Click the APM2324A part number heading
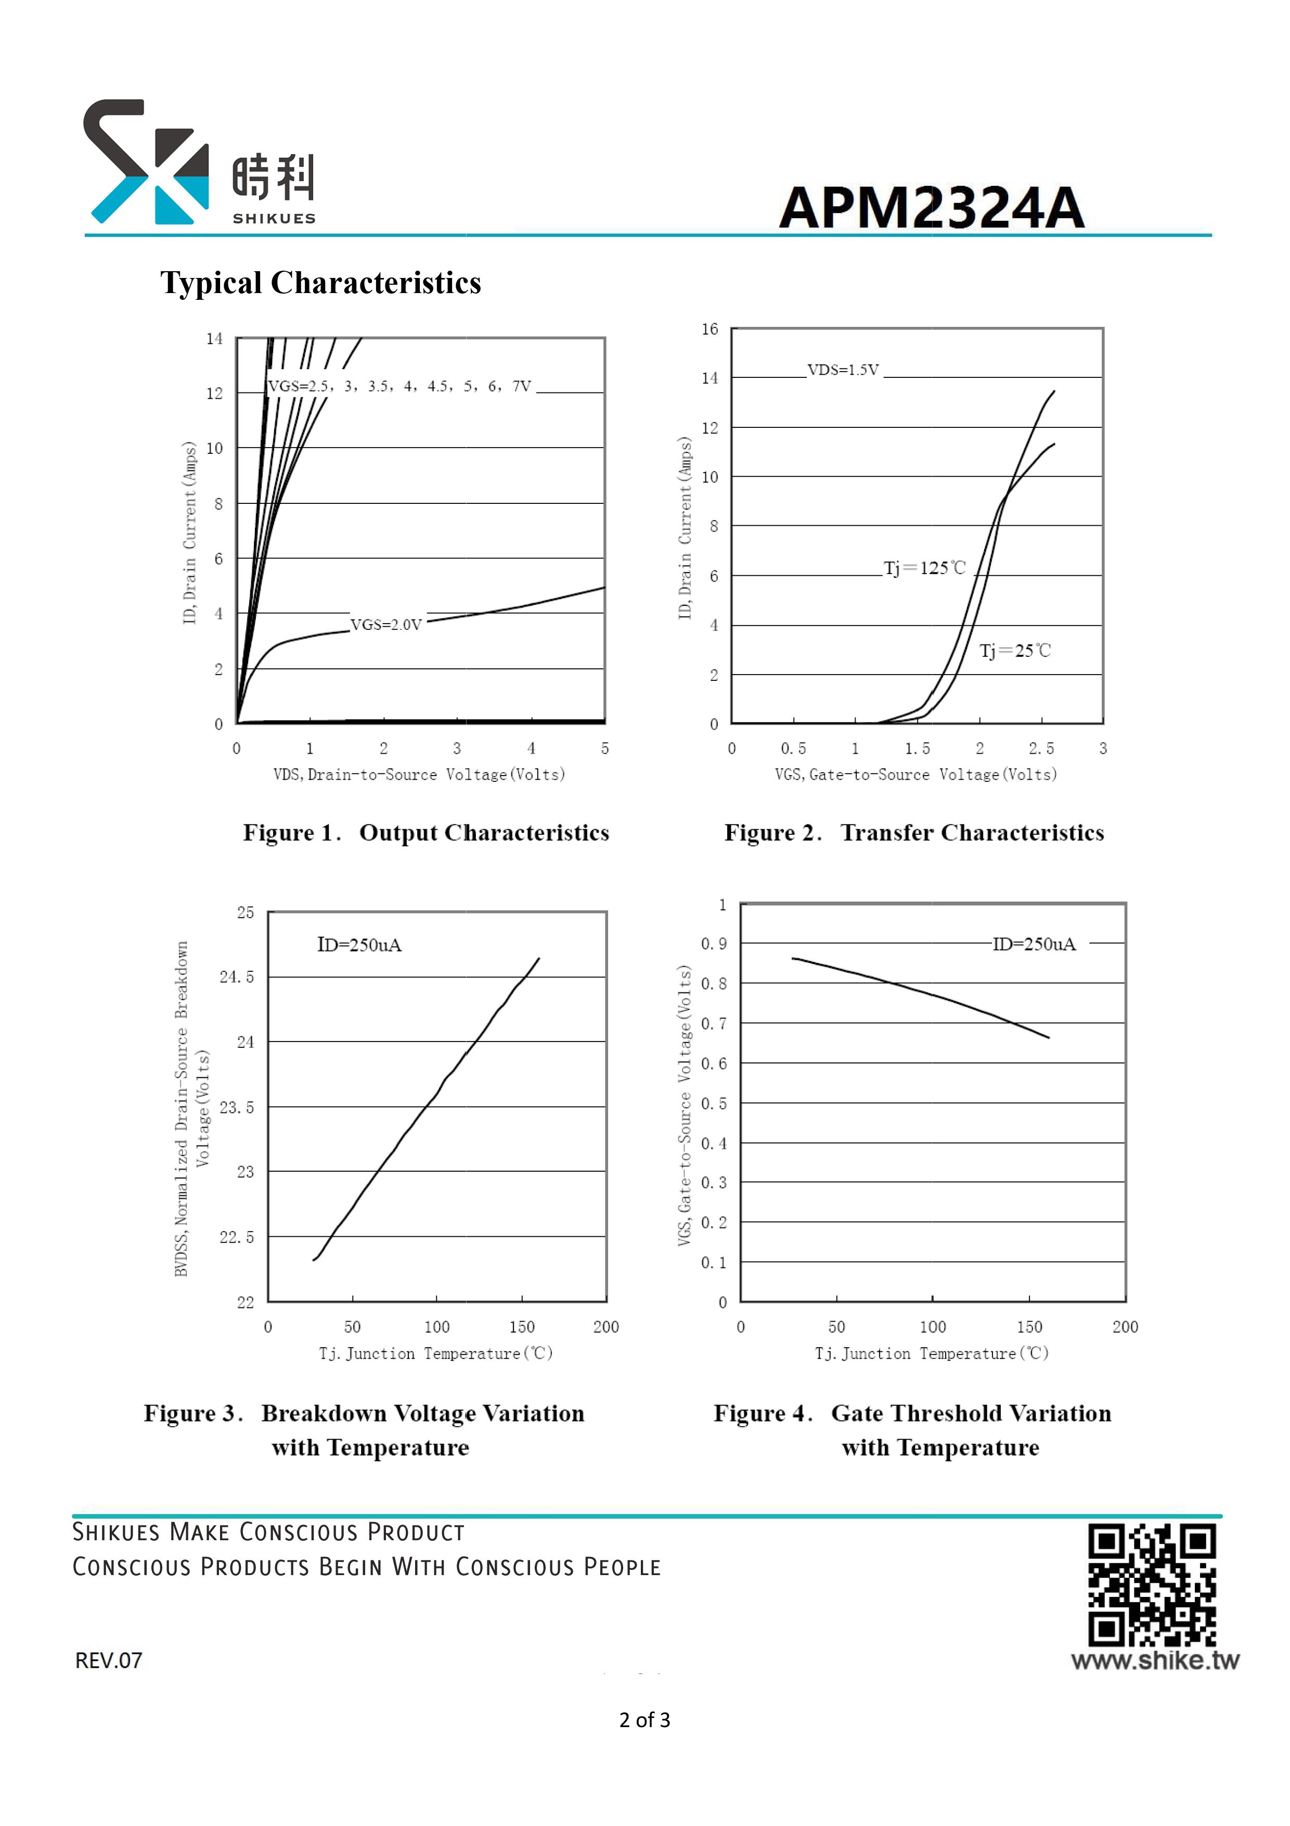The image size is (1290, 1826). pyautogui.click(x=932, y=208)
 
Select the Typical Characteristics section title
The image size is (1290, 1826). pyautogui.click(x=321, y=282)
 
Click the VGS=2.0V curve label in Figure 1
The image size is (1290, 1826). pyautogui.click(x=386, y=624)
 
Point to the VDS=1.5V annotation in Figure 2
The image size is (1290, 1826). pyautogui.click(x=843, y=370)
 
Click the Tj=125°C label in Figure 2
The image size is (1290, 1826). pyautogui.click(x=925, y=568)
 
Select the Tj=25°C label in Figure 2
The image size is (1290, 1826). pyautogui.click(x=1015, y=651)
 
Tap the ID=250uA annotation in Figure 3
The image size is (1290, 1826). pyautogui.click(x=359, y=945)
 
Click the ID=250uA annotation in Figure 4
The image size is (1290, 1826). pyautogui.click(x=1034, y=944)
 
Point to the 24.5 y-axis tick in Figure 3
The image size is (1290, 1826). pyautogui.click(x=237, y=977)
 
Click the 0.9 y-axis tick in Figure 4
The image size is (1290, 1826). pyautogui.click(x=714, y=944)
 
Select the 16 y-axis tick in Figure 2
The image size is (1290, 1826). pyautogui.click(x=710, y=329)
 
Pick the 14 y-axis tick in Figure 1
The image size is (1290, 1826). pyautogui.click(x=215, y=339)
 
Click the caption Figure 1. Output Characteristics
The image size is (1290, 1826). pyautogui.click(x=426, y=833)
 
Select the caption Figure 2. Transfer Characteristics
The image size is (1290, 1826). pyautogui.click(x=914, y=833)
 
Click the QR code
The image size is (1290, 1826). pyautogui.click(x=1152, y=1584)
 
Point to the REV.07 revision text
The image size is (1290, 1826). pyautogui.click(x=109, y=1660)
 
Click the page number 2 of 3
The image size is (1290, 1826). pyautogui.click(x=644, y=1720)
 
